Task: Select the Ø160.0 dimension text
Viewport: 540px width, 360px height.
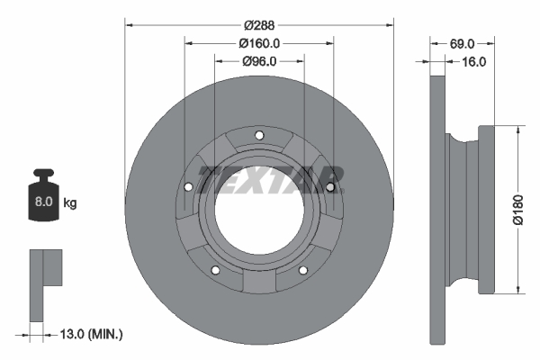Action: point(260,42)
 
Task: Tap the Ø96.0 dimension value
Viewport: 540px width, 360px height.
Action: point(259,61)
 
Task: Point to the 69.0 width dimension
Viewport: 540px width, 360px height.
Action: point(462,42)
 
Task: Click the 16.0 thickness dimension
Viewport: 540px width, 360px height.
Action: point(473,62)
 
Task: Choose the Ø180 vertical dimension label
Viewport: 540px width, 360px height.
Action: point(517,209)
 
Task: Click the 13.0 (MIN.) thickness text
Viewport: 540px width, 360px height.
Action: point(89,334)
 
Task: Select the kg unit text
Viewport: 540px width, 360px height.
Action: point(70,203)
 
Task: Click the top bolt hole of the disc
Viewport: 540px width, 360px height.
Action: point(259,137)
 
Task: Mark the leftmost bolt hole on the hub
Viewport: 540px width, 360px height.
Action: point(188,188)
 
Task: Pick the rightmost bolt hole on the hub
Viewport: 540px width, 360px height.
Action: point(330,187)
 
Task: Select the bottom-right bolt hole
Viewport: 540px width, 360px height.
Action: point(303,272)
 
